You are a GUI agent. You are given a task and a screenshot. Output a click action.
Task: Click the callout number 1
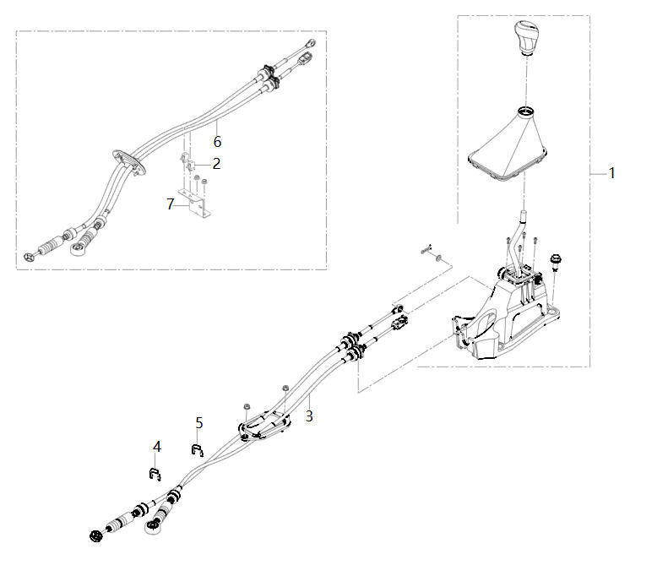pyautogui.click(x=612, y=173)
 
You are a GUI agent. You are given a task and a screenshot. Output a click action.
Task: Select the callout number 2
pyautogui.click(x=216, y=163)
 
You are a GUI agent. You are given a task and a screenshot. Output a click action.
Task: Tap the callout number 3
pyautogui.click(x=309, y=416)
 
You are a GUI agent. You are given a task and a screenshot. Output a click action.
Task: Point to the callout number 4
pyautogui.click(x=157, y=445)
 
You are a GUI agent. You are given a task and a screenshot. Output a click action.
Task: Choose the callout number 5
pyautogui.click(x=199, y=421)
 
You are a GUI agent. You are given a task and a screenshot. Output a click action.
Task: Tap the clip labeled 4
pyautogui.click(x=155, y=472)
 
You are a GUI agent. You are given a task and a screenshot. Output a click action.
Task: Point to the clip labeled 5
pyautogui.click(x=197, y=449)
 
